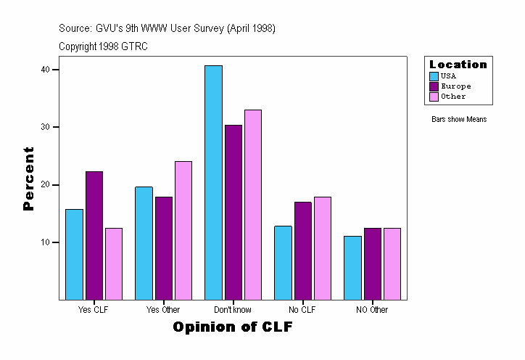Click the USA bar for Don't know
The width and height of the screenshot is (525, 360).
213,182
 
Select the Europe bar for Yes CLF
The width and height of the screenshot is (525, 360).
94,235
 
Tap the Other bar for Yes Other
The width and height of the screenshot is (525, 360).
183,230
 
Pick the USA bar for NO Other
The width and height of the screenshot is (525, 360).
352,267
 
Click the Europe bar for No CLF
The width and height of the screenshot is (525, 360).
302,250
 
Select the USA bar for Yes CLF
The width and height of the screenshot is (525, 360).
74,254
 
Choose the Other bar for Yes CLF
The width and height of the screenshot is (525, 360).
114,263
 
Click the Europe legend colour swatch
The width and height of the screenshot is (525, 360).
434,86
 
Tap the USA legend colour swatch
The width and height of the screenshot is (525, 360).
434,76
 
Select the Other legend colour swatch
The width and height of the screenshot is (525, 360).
434,97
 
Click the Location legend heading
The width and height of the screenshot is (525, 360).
458,65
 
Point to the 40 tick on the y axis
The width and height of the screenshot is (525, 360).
45,70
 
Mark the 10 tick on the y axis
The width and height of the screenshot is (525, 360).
45,242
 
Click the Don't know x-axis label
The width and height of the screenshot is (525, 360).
233,310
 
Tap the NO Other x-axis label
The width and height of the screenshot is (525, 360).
372,310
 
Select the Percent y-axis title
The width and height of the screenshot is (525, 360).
29,179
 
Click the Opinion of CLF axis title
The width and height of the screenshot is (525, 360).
232,327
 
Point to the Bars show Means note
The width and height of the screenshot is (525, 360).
459,119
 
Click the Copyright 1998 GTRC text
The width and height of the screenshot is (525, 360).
103,46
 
